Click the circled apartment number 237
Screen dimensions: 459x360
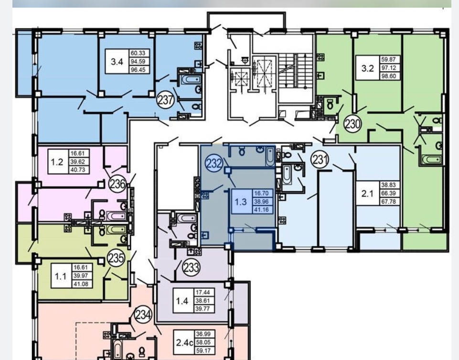point(166,100)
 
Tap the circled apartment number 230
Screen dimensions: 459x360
point(352,124)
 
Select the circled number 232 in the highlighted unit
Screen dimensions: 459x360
point(214,163)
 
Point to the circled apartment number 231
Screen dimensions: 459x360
point(320,160)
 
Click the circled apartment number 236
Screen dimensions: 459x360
point(117,184)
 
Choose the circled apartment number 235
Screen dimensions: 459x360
point(116,258)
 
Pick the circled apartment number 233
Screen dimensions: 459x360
point(192,267)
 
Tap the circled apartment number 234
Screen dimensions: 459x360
point(143,315)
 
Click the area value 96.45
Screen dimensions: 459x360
point(139,70)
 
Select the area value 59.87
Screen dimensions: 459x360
point(388,59)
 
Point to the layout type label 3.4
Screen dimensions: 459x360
point(117,62)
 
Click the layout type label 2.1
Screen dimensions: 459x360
point(367,194)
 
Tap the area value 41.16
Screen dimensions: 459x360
point(261,210)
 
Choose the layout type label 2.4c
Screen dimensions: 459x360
point(184,342)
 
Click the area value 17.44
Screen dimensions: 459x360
point(203,292)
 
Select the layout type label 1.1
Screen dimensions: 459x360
point(61,276)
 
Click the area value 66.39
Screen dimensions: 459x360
point(388,193)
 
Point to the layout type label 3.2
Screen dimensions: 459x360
point(368,68)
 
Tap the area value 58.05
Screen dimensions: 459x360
point(203,342)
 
